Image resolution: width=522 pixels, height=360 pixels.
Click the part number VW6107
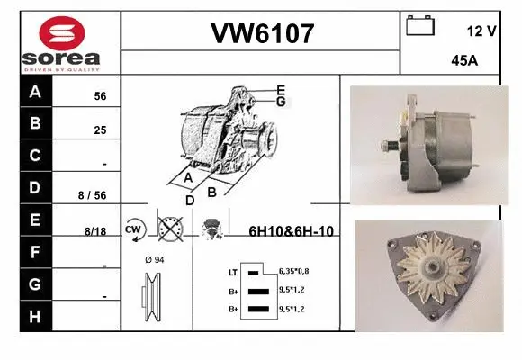click(261, 35)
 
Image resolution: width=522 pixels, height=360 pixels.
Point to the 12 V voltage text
click(481, 31)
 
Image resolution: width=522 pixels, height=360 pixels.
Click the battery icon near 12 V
click(420, 26)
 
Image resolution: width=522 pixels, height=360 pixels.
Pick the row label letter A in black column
click(35, 93)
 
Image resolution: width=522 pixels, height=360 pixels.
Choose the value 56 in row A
click(101, 95)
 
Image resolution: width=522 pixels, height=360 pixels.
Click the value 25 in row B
click(101, 130)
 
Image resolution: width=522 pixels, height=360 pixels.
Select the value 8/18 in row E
click(95, 231)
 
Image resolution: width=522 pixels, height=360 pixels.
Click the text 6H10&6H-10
click(291, 231)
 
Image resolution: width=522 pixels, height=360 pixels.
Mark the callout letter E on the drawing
click(281, 89)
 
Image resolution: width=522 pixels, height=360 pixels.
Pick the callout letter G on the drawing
click(281, 102)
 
